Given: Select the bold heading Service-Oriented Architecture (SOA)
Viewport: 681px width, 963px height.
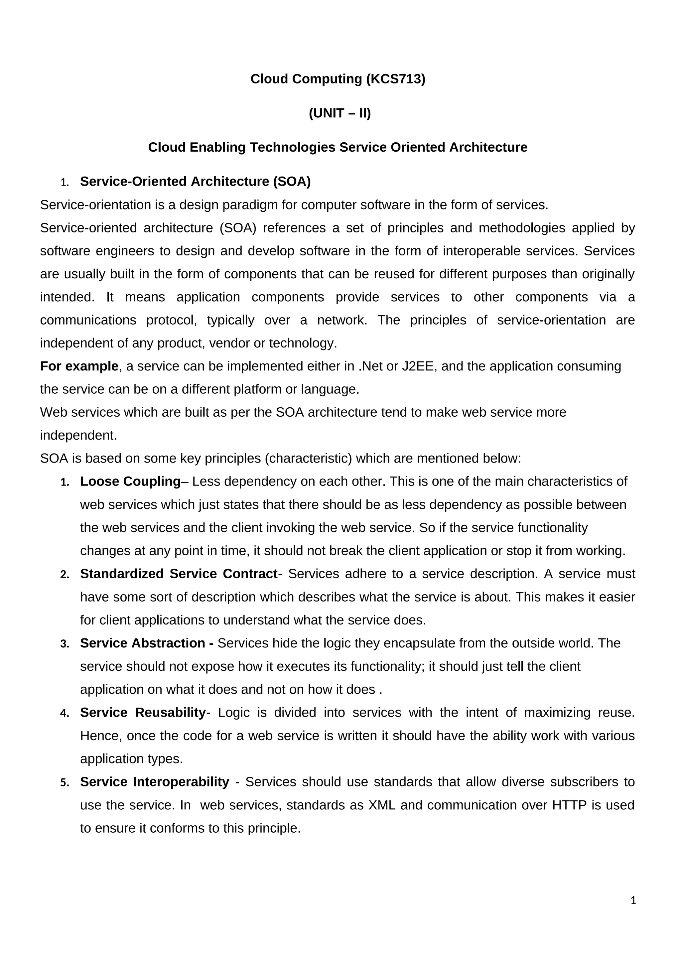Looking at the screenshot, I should point(196,182).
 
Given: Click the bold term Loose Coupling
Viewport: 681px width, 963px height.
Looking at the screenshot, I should point(130,481).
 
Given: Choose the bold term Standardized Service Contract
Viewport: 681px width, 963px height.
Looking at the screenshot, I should point(179,574).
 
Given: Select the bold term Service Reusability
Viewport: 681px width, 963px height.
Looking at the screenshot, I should point(143,713).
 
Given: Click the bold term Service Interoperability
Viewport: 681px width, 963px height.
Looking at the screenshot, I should point(154,782).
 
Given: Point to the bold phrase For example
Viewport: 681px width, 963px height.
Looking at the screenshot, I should point(79,366).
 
